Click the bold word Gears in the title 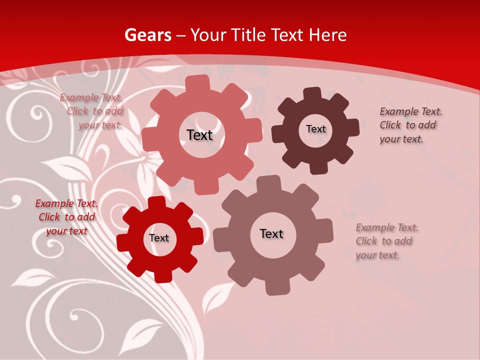point(147,35)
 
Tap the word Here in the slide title point(327,35)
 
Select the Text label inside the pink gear point(199,135)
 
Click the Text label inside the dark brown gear point(315,129)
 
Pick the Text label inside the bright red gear point(159,238)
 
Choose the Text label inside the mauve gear point(271,233)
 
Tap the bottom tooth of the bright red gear point(163,275)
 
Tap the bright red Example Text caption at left point(66,217)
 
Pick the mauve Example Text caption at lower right point(386,241)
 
